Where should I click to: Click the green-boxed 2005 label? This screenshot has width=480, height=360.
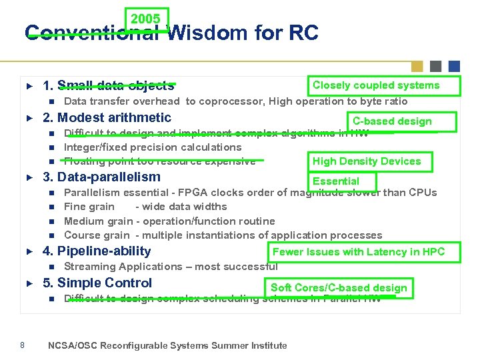click(x=146, y=19)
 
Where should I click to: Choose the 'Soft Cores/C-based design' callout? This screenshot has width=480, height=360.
click(x=339, y=288)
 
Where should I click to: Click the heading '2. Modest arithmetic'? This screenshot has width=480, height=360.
click(x=107, y=118)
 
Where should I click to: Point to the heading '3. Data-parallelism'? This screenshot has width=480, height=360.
click(x=101, y=177)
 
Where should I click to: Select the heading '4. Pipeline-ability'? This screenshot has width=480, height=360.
click(x=97, y=251)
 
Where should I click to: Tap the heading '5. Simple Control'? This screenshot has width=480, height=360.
click(x=97, y=283)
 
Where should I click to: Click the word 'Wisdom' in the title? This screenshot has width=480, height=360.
click(x=204, y=33)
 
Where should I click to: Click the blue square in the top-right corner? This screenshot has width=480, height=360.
click(x=454, y=66)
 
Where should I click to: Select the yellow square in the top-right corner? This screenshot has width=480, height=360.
click(x=417, y=66)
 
